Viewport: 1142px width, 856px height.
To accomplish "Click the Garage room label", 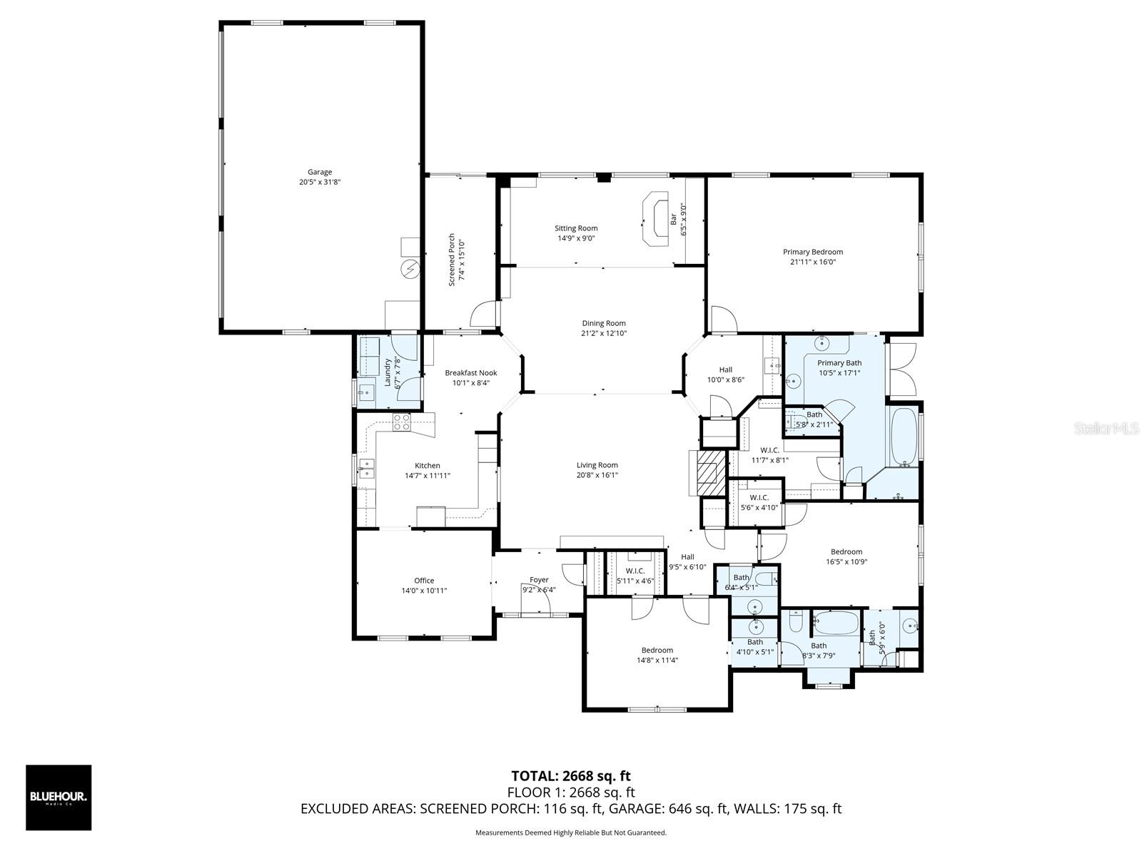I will coord(320,172).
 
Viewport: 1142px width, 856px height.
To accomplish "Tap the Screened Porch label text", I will coord(452,260).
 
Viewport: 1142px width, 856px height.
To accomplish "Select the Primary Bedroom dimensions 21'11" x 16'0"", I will coord(812,262).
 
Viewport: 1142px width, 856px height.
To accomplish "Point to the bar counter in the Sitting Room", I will coord(653,220).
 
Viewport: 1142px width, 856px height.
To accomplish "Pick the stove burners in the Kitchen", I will coord(402,422).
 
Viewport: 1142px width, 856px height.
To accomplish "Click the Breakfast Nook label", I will coord(470,373).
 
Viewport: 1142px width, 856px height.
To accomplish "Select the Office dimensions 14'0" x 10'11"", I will coord(424,591).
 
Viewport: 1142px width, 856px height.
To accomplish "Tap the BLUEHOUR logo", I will coord(59,798).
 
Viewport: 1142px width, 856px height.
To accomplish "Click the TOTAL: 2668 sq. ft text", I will coord(570,776).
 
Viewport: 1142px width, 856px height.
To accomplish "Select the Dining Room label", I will coord(603,323).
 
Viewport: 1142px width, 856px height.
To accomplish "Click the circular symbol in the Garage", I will coord(410,269).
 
